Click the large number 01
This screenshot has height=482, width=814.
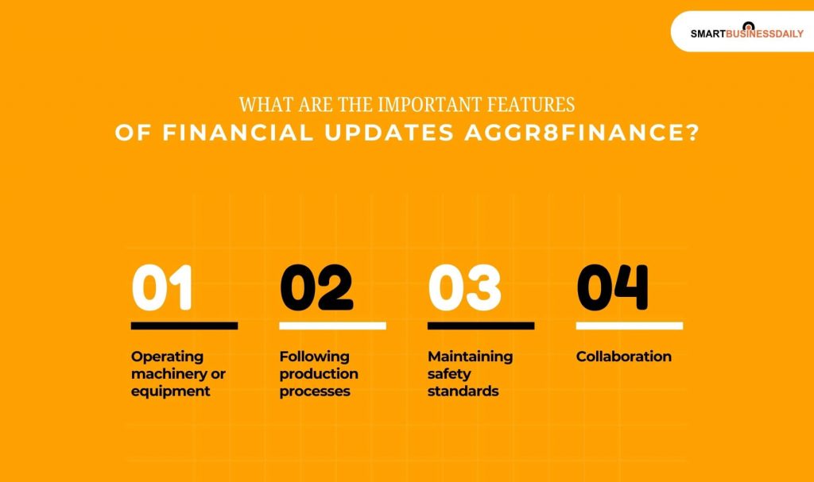(162, 287)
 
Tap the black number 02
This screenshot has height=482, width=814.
(316, 287)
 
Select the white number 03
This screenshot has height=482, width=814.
(464, 287)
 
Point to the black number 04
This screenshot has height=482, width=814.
(613, 287)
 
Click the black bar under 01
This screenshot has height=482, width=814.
(184, 326)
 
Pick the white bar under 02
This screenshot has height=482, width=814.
(333, 326)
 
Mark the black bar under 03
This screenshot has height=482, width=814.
(481, 326)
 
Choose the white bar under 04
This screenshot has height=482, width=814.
(630, 326)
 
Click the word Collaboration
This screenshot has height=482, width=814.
(624, 357)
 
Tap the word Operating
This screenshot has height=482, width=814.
(167, 357)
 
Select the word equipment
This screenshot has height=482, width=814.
(171, 391)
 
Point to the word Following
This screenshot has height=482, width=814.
(315, 357)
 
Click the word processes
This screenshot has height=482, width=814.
(315, 391)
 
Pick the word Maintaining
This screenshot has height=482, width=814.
(471, 357)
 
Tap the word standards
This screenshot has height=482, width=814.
(463, 391)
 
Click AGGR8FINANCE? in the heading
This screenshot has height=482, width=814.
(582, 133)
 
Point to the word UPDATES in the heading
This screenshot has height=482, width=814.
(390, 133)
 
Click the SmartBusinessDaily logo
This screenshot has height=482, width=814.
(746, 33)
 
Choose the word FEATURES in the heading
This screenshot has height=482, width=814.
(530, 105)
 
